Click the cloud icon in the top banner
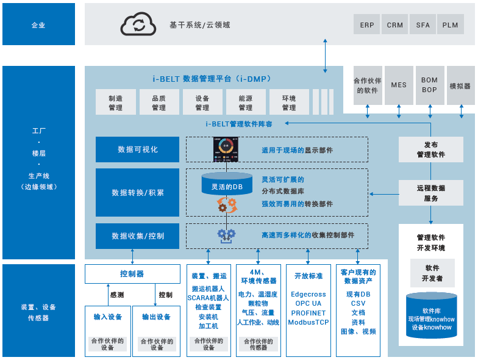(x=139, y=24)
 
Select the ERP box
(x=367, y=25)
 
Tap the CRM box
(x=395, y=25)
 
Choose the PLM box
(x=450, y=25)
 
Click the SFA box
(x=423, y=25)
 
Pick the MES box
(x=399, y=85)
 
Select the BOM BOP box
(x=429, y=85)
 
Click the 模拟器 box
(x=460, y=86)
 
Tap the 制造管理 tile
(x=115, y=103)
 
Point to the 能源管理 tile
(x=246, y=103)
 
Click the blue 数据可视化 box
(x=137, y=149)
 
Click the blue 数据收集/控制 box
(x=137, y=236)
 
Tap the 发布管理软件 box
(x=430, y=149)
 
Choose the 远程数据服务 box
(x=430, y=193)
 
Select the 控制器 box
(x=132, y=274)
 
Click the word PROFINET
(x=309, y=313)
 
